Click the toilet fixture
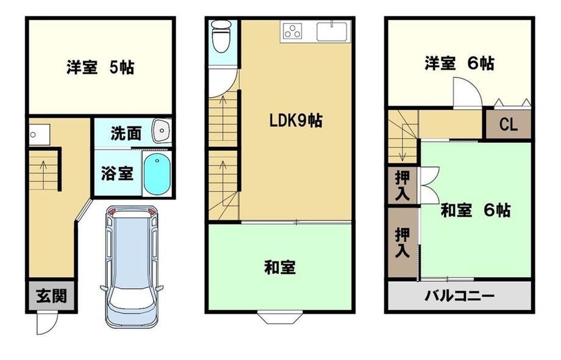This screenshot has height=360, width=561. (220, 37)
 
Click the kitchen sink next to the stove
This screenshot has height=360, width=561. (332, 31)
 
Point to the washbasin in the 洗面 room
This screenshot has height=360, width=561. (162, 131)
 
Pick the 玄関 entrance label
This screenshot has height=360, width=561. (51, 297)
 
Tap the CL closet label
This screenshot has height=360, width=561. (508, 124)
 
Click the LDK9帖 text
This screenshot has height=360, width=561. (296, 121)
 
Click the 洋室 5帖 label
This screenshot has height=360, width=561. (100, 67)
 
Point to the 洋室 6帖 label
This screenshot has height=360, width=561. (460, 63)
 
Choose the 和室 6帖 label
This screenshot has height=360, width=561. (476, 211)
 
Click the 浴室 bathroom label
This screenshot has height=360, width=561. (117, 173)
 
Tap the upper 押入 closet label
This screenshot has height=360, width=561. (402, 185)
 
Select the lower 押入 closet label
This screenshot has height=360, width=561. (402, 243)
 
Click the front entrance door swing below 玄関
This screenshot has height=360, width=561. (46, 323)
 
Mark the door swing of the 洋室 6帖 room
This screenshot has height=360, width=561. (467, 92)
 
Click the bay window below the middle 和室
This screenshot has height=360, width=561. (280, 318)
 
